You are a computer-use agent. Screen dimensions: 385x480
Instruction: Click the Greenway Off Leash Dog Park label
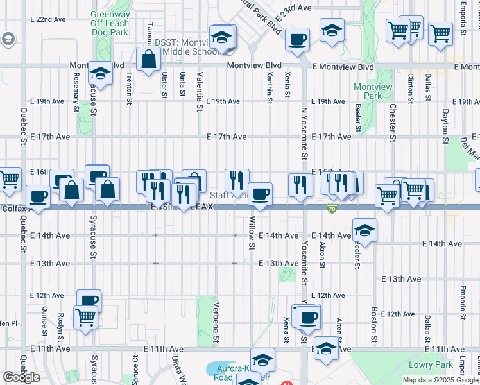[x=110, y=23]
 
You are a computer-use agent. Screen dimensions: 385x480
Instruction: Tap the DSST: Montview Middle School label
[x=186, y=47]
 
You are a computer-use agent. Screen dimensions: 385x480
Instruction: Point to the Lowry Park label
[x=430, y=364]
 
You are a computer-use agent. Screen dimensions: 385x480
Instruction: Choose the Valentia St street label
[x=200, y=93]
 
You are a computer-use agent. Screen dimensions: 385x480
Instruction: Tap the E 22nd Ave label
[x=51, y=19]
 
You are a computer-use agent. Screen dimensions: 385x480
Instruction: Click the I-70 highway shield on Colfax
[x=332, y=209]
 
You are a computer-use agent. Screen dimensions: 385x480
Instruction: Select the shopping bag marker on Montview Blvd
[x=148, y=60]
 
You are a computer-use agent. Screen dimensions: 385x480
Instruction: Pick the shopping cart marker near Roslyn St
[x=85, y=316]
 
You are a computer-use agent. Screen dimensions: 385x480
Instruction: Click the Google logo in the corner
[x=21, y=377]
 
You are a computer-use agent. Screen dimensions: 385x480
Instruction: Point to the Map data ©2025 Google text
[x=441, y=380]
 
